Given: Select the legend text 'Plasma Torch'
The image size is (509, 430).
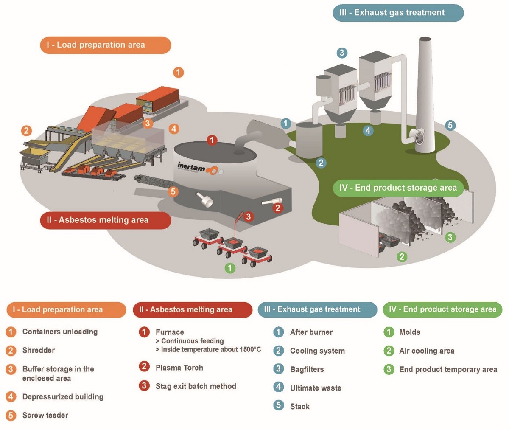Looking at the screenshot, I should [179, 368].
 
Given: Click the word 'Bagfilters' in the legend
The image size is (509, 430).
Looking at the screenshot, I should [307, 369].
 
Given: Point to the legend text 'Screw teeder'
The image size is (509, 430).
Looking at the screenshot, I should [45, 415].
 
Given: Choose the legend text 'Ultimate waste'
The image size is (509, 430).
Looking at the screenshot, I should [315, 388].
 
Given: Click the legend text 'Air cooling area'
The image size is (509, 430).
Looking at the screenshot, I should [426, 351].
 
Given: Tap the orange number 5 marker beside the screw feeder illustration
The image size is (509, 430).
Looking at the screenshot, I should [173, 191].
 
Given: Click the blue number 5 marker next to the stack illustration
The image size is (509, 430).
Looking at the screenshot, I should [450, 125].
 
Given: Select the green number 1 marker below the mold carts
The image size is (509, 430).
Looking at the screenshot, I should [229, 268].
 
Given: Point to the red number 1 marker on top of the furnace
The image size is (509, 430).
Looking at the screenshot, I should [212, 140].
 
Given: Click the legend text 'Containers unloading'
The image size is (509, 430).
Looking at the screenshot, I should [60, 332].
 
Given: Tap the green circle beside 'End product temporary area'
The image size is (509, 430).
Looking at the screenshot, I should [389, 369].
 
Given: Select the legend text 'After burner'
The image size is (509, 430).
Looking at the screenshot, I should [311, 332].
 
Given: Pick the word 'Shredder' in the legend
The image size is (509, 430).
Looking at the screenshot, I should [38, 351].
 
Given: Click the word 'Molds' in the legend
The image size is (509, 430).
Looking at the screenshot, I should [409, 332].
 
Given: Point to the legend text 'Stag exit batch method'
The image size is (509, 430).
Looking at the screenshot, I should [196, 386].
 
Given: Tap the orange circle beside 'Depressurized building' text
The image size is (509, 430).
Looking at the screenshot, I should [11, 397].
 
